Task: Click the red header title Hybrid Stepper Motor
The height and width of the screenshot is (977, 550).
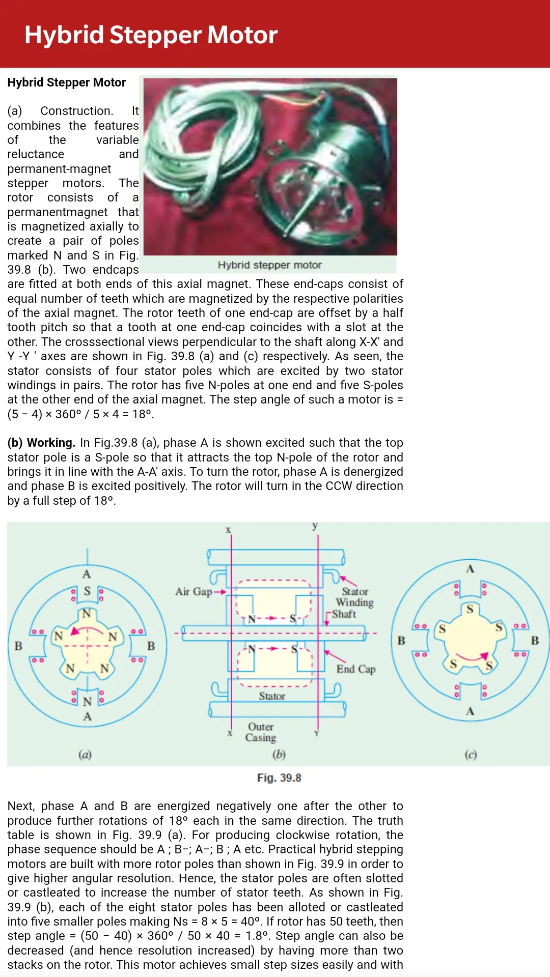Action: pos(151,35)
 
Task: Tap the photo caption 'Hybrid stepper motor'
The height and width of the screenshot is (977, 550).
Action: pos(269,265)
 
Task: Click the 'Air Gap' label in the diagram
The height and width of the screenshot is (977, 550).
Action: pos(194,591)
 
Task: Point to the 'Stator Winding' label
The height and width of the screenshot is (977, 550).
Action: pos(355,597)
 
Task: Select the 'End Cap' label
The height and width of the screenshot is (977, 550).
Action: pos(356,669)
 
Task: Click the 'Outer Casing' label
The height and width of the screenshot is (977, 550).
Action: pos(261,732)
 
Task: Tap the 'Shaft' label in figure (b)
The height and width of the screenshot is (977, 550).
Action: pos(344,614)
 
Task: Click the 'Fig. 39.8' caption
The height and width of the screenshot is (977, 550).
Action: pos(279,778)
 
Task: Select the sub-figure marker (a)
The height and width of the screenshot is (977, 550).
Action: pos(85,754)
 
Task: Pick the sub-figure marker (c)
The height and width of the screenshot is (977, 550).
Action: pos(471,754)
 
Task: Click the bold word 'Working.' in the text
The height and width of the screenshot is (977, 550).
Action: pos(51,443)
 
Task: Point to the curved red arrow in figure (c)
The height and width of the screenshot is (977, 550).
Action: pos(473,657)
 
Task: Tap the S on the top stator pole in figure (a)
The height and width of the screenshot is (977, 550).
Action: pos(87,591)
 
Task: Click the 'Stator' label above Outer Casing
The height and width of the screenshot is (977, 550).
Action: pos(272,696)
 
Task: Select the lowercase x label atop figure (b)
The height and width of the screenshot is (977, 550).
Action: pos(228,530)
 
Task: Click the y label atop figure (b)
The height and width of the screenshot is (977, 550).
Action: pos(315,526)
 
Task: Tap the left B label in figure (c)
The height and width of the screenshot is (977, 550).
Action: pos(401,640)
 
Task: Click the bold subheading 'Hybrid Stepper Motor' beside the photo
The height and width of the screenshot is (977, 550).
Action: pos(67,82)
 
